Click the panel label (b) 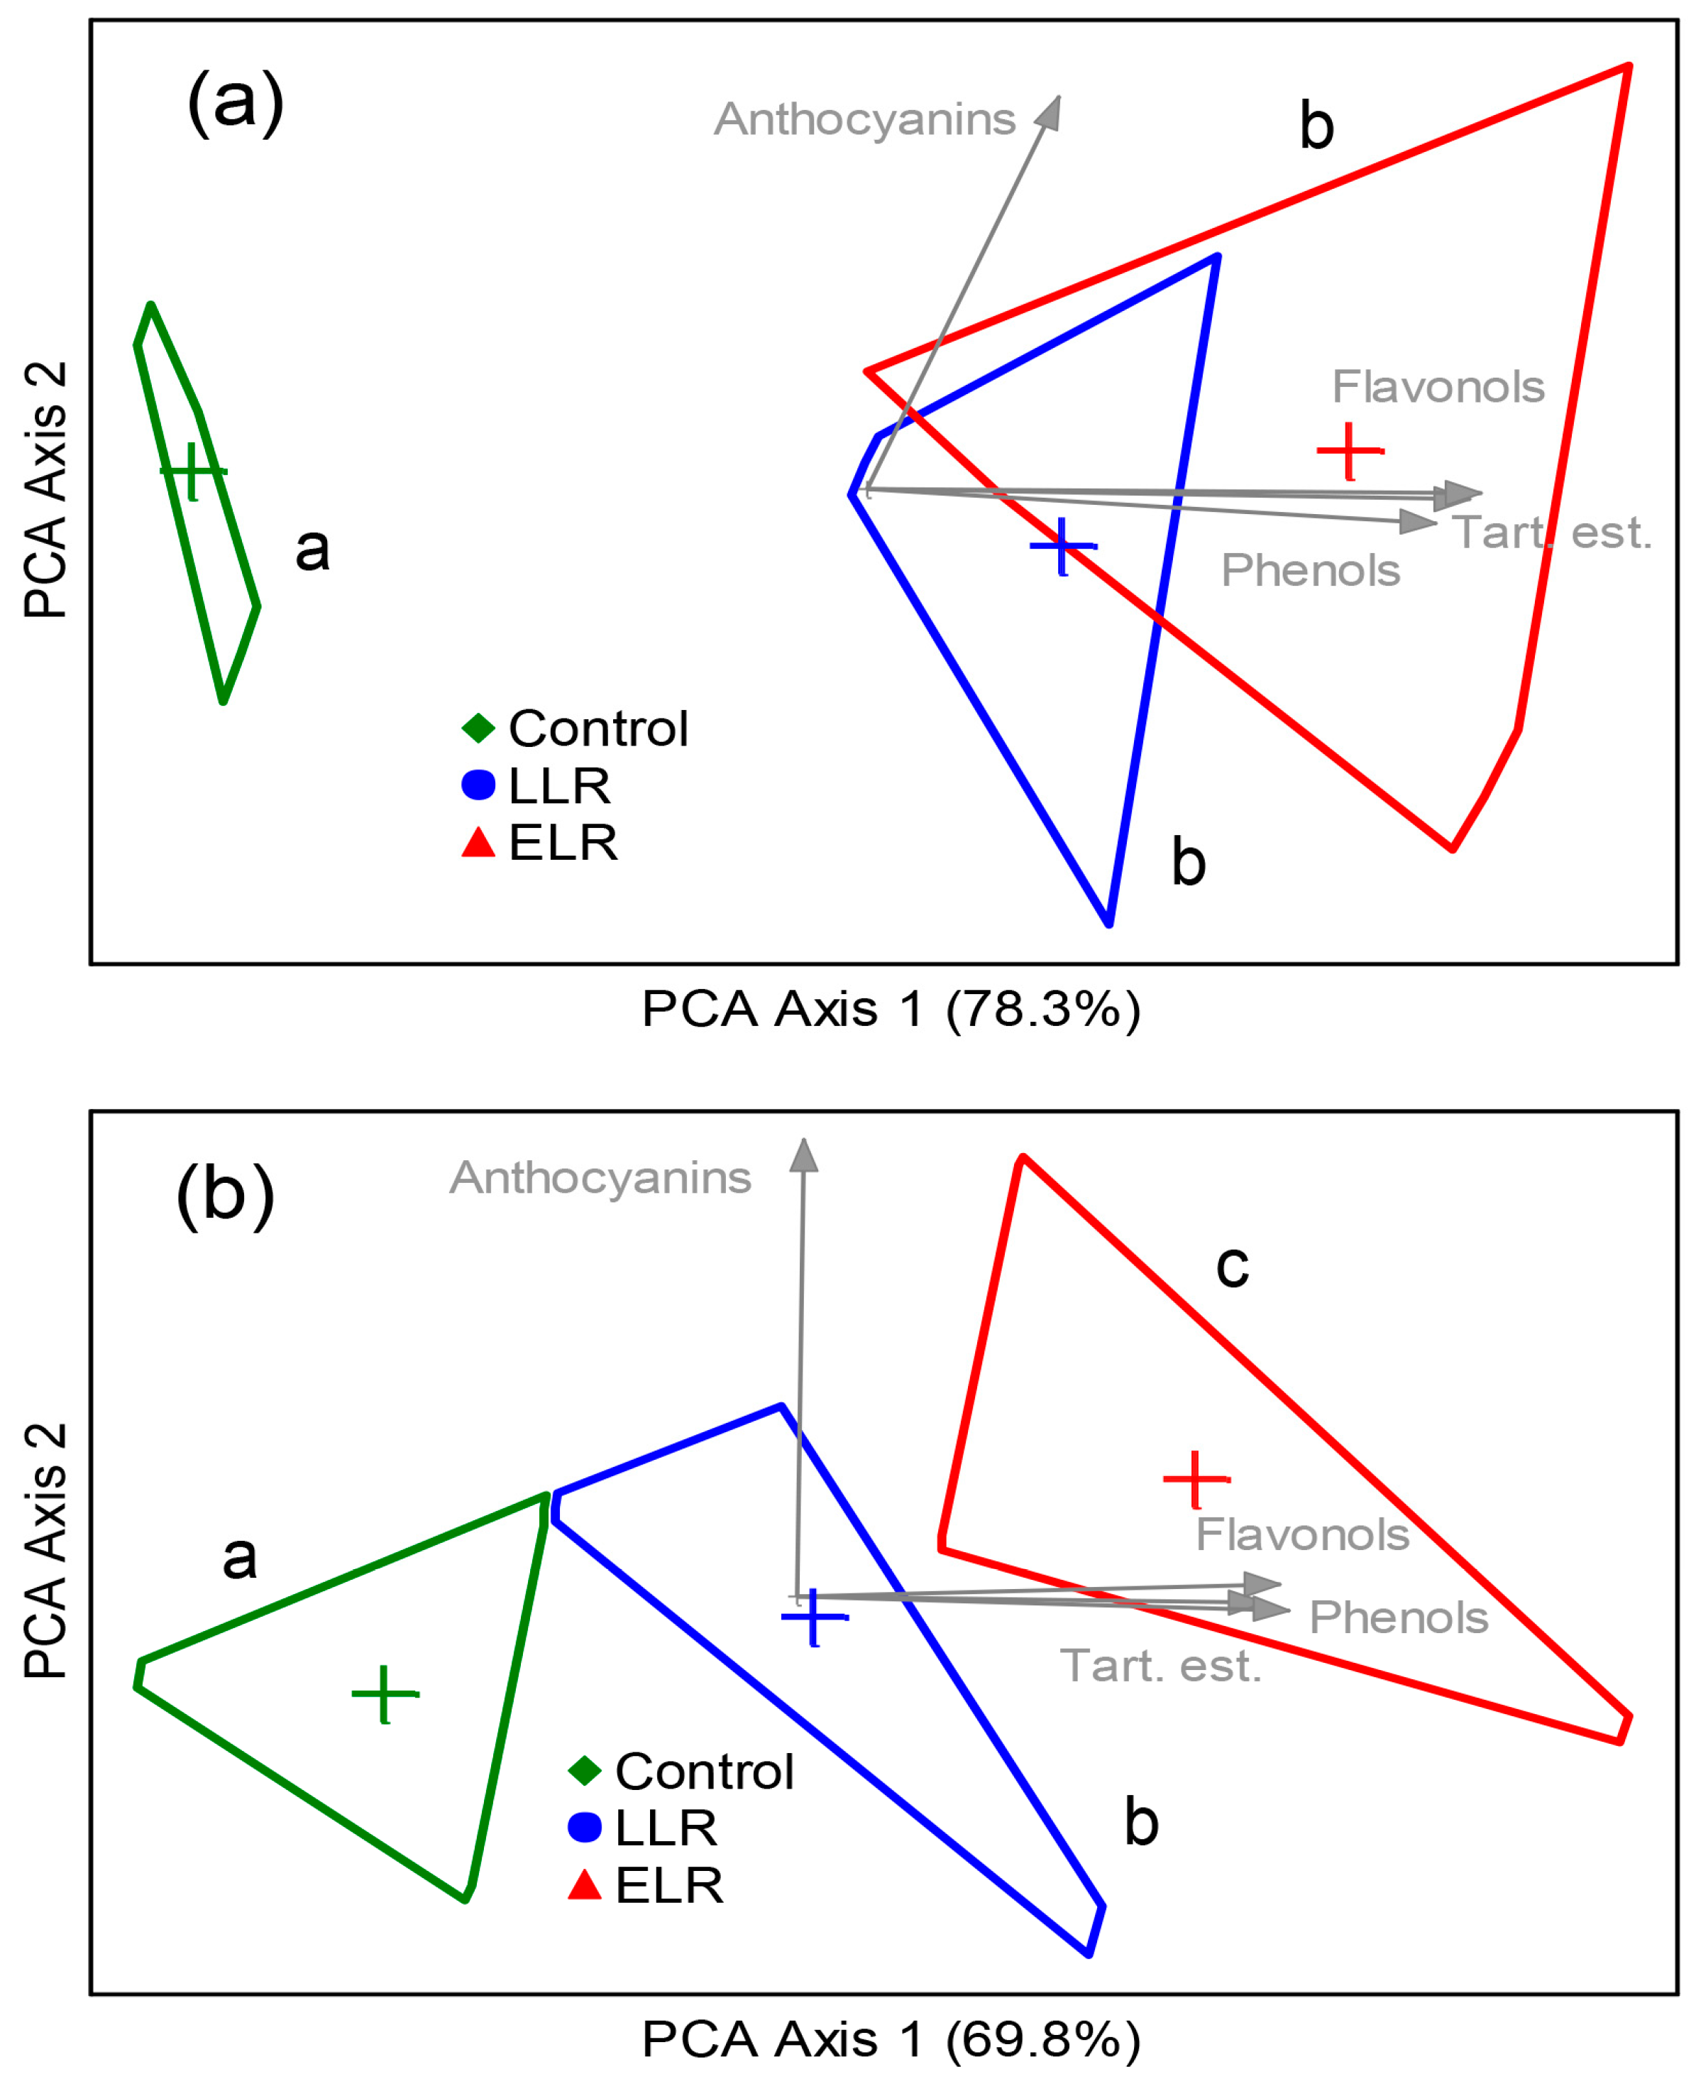click(x=225, y=1194)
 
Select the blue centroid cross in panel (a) click(x=1063, y=545)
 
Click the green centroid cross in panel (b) click(x=385, y=1694)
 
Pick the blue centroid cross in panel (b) click(x=814, y=1617)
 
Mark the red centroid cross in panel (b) click(x=1196, y=1480)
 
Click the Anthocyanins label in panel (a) click(x=864, y=120)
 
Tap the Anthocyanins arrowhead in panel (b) click(x=803, y=1157)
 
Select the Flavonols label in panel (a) click(x=1438, y=387)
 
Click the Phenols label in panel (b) click(x=1398, y=1617)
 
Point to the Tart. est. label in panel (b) click(x=1161, y=1666)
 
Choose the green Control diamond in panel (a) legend click(x=479, y=729)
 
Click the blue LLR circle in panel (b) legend click(x=584, y=1827)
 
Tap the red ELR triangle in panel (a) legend click(x=479, y=843)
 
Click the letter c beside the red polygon click(x=1232, y=1267)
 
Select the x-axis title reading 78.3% click(x=890, y=1009)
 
